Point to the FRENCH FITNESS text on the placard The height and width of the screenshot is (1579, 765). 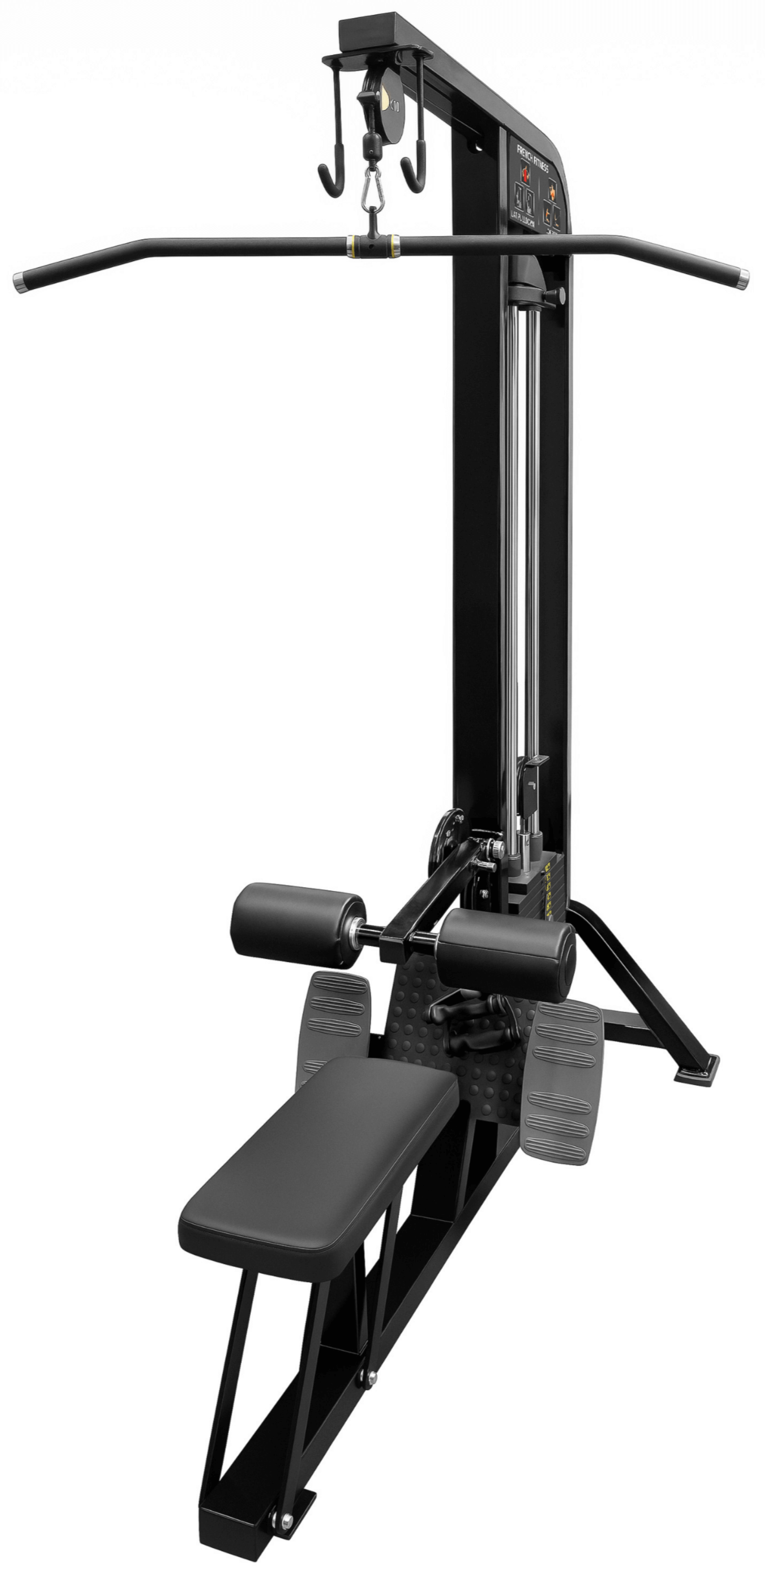[x=532, y=155]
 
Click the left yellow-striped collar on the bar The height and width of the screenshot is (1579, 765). [x=350, y=245]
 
